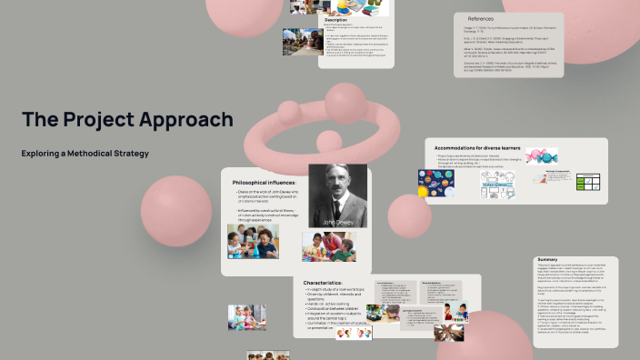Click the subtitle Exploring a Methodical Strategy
pos(85,153)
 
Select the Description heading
pos(335,19)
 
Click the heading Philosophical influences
pos(265,183)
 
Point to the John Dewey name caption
pos(336,221)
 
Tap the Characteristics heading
pos(322,283)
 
